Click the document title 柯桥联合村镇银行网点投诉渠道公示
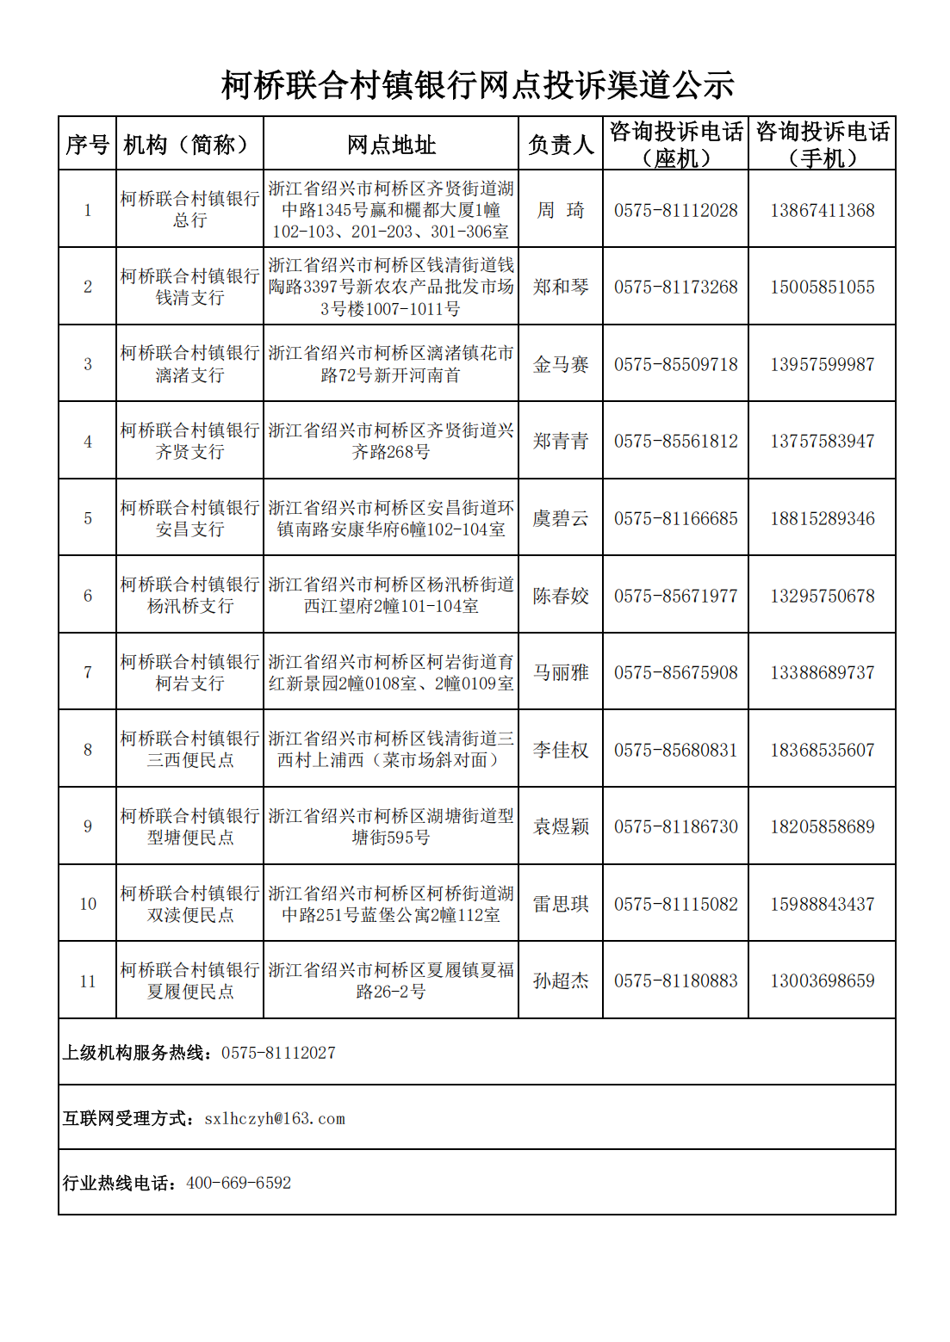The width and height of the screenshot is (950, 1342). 477,85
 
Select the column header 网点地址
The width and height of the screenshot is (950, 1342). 391,145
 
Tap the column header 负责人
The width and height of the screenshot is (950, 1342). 561,145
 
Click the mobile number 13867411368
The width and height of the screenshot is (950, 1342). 822,210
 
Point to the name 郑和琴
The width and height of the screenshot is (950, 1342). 561,287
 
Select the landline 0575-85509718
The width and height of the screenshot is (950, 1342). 675,364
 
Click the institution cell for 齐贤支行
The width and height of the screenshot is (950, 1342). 189,441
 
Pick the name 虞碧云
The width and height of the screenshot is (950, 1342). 561,518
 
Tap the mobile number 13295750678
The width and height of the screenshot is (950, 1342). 822,596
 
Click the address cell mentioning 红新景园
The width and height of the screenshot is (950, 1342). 391,672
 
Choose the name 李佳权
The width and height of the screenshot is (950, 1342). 561,750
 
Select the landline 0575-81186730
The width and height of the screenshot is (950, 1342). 675,826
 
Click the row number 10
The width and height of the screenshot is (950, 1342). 88,904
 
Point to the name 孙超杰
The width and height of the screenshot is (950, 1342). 561,980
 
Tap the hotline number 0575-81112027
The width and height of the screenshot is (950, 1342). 278,1053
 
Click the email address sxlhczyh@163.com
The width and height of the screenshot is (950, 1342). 275,1118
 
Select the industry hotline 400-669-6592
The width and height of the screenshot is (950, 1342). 239,1183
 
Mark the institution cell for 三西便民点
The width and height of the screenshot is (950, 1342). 189,750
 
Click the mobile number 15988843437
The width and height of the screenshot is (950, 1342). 822,904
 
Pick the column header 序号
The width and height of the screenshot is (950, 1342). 88,145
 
